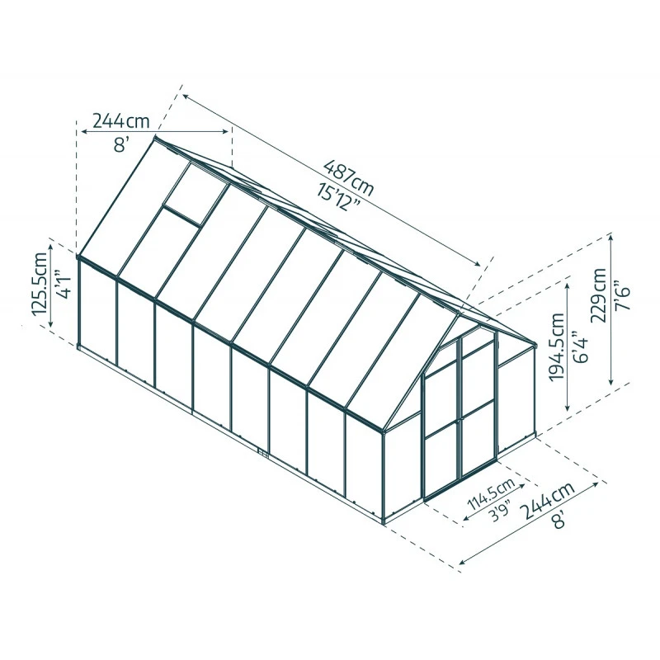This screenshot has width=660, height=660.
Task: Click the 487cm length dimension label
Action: click(x=348, y=177)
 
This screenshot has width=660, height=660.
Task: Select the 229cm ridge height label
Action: click(x=599, y=295)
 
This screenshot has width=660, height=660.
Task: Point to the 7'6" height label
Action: click(x=623, y=295)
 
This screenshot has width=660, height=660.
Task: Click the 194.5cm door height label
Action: click(x=556, y=346)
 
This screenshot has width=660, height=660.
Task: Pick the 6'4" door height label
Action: click(x=581, y=346)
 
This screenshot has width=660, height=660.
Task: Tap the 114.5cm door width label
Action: click(x=492, y=494)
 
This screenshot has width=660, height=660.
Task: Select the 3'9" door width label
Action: click(x=501, y=510)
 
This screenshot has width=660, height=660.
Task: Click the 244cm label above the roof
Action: click(x=120, y=121)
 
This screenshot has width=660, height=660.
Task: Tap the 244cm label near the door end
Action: click(x=548, y=501)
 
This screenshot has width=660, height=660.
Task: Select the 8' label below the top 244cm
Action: click(x=120, y=145)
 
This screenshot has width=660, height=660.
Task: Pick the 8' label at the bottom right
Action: click(x=559, y=521)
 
